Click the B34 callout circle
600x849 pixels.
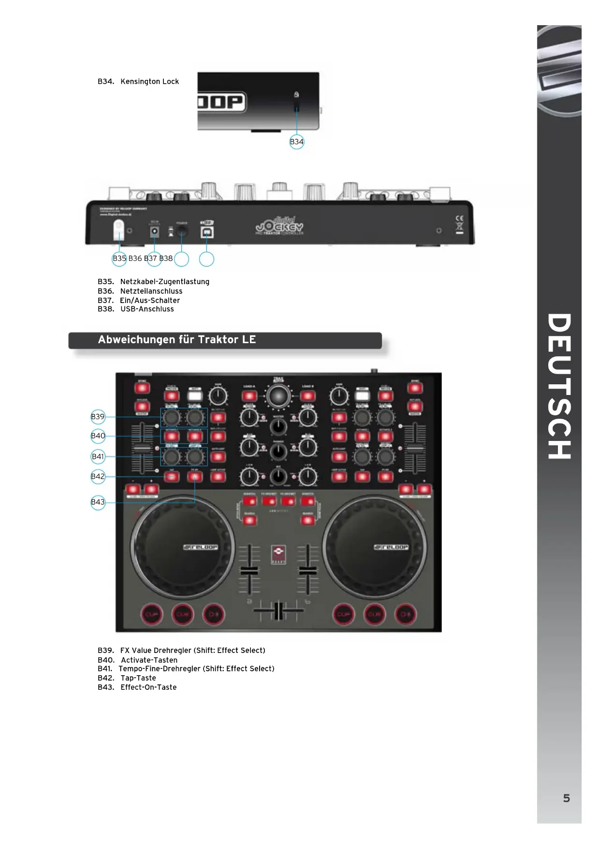coord(296,142)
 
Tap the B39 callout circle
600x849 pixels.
coord(98,417)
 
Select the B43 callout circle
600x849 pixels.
coord(98,502)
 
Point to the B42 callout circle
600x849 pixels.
coord(98,476)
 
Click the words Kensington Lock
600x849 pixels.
coord(149,81)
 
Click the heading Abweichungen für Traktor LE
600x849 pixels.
coord(177,340)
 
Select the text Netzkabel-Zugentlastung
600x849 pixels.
coord(164,282)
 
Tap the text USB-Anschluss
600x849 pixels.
coord(147,309)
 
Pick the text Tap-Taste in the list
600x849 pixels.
coord(138,678)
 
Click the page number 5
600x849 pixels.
coord(566,798)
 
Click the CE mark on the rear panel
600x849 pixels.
coord(459,219)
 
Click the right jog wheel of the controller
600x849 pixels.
coord(374,547)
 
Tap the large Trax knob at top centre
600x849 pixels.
coord(278,397)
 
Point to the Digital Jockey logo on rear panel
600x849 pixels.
coord(280,226)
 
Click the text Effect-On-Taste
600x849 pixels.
coord(148,687)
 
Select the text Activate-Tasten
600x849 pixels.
coord(149,660)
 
